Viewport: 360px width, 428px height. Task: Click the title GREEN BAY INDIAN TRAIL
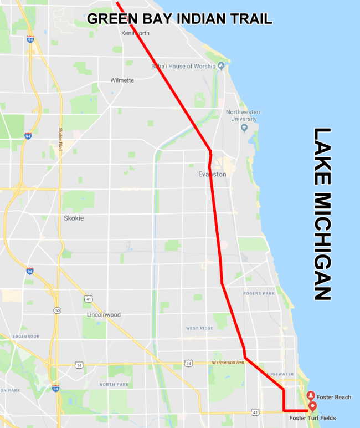click(179, 18)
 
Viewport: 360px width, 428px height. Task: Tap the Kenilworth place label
click(135, 33)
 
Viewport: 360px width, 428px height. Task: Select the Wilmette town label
click(122, 80)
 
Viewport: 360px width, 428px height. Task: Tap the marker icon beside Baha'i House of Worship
click(221, 67)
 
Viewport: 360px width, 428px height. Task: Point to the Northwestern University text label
click(244, 115)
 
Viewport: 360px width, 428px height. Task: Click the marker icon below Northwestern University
click(244, 128)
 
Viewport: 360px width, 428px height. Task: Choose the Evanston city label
click(212, 174)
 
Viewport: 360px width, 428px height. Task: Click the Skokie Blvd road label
click(61, 139)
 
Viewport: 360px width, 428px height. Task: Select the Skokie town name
click(74, 218)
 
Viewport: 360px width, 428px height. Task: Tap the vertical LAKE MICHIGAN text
click(322, 214)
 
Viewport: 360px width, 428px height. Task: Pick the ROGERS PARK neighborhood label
click(259, 293)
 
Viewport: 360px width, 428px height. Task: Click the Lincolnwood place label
click(104, 315)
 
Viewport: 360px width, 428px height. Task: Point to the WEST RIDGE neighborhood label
click(199, 328)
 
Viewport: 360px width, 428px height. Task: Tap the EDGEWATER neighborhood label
click(279, 374)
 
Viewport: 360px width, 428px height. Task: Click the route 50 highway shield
click(57, 310)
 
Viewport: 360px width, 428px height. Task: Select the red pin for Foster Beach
click(311, 396)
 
